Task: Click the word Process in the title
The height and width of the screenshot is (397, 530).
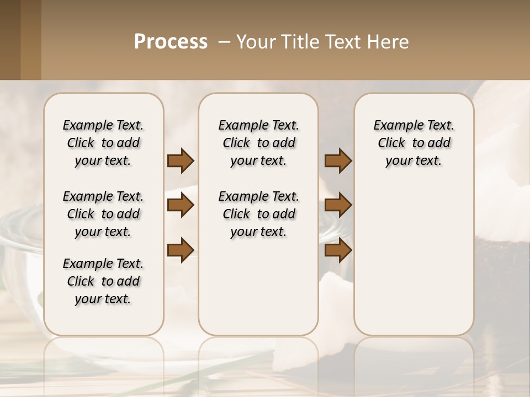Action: (x=171, y=42)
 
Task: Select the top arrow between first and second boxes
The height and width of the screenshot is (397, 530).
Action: (x=181, y=160)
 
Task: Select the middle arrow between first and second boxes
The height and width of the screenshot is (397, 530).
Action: (x=181, y=205)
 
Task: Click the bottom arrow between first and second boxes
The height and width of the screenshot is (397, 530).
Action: (x=181, y=250)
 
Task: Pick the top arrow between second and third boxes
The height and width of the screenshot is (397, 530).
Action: (x=338, y=160)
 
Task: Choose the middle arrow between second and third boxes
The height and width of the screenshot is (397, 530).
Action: (x=338, y=205)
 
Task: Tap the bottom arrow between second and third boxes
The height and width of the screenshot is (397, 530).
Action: (x=338, y=250)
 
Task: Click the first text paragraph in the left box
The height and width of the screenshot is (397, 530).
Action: (x=103, y=143)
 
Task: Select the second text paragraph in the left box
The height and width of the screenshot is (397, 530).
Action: (x=103, y=214)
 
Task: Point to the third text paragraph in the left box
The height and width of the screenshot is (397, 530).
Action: (x=103, y=281)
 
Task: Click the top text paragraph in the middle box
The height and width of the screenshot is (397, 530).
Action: (x=258, y=143)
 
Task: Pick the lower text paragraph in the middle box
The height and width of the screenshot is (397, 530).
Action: (x=258, y=214)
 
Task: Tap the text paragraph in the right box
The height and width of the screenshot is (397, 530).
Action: (x=414, y=143)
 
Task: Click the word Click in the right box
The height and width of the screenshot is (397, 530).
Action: (x=391, y=143)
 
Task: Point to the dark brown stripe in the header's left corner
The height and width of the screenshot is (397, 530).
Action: (x=10, y=40)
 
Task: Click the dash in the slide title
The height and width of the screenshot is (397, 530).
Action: (x=224, y=42)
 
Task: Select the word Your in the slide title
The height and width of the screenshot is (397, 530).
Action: (x=256, y=42)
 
